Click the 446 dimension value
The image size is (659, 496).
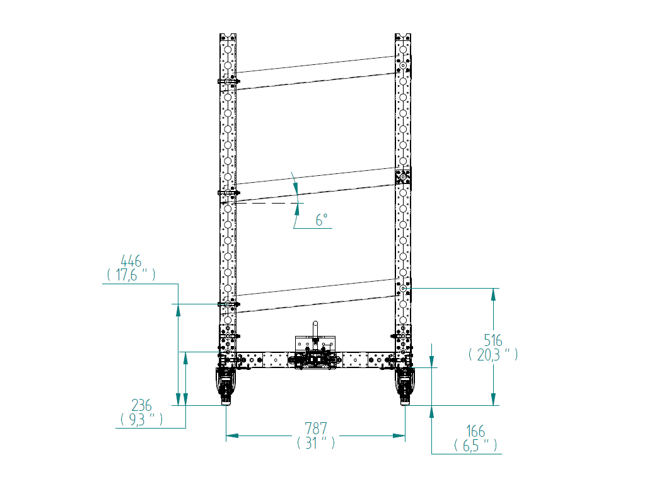[131, 261]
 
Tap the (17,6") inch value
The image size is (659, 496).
[131, 275]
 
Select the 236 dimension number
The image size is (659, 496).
[141, 405]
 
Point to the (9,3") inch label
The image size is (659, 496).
[142, 419]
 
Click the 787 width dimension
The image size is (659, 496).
[316, 429]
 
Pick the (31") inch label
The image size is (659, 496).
[316, 442]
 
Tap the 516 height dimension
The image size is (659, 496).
[493, 340]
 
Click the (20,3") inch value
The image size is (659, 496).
[493, 354]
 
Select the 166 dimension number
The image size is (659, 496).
[475, 431]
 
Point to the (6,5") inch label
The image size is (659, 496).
[475, 445]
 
